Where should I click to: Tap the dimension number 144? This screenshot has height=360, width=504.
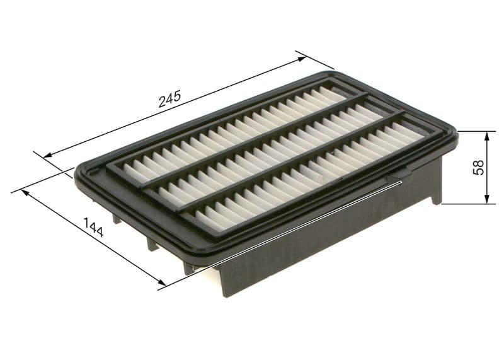[x=93, y=227]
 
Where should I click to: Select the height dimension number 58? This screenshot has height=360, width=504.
[x=479, y=167]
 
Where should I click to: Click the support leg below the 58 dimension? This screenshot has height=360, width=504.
[x=436, y=183]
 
